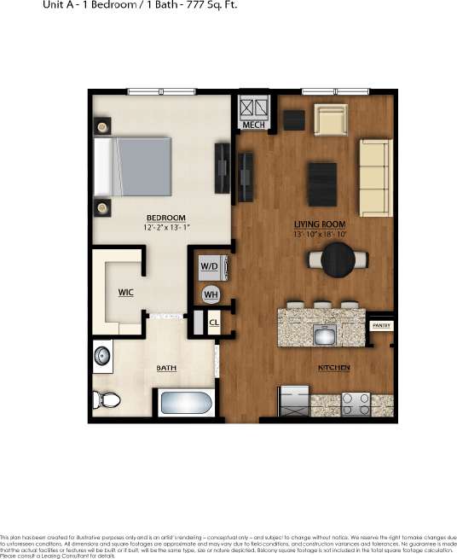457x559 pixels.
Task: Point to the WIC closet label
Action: coord(125,292)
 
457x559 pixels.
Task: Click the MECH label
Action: coord(254,125)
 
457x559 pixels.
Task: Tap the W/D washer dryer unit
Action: coord(210,265)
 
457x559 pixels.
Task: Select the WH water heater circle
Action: coord(210,294)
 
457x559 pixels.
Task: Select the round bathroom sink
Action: coord(104,355)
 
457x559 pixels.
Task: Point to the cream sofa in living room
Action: coord(373,177)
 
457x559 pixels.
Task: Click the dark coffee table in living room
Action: coord(323,183)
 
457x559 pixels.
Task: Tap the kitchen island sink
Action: coord(324,335)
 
